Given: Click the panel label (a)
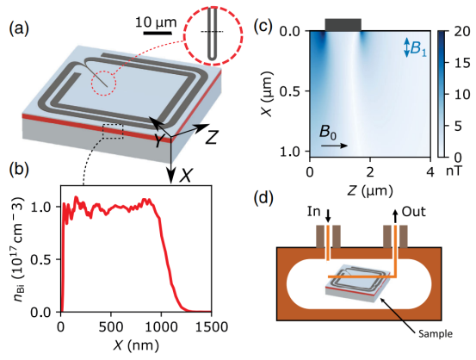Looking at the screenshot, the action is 19,29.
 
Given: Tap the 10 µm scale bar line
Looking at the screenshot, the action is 158,33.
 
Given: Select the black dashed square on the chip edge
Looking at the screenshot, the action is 113,131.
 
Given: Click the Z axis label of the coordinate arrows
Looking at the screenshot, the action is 212,138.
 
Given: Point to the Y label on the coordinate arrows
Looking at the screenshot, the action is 158,140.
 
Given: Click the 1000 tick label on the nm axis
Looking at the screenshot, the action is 161,327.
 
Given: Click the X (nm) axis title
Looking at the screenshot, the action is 136,345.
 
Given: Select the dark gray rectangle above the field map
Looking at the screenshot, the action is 343,25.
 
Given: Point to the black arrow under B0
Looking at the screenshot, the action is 334,146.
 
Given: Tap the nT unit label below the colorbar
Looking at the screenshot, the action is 454,171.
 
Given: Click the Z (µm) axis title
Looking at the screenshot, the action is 370,191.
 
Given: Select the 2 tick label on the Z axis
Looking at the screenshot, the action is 370,172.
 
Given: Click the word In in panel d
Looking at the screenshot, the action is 313,211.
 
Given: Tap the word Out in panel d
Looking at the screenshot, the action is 414,212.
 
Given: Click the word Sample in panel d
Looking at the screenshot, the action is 436,334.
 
